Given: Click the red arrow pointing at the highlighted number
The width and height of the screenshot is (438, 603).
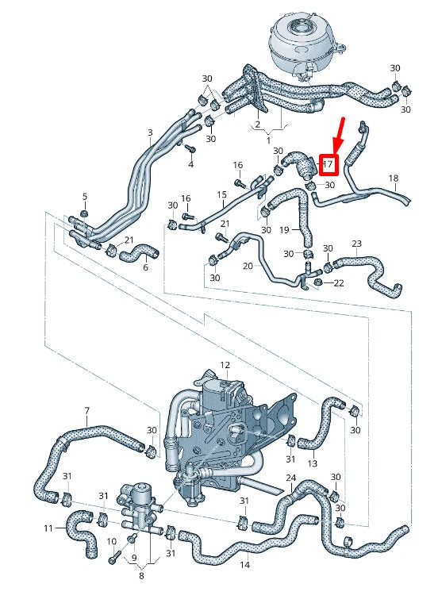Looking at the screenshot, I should (x=338, y=133).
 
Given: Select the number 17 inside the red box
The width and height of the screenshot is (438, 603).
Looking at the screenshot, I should (x=328, y=164).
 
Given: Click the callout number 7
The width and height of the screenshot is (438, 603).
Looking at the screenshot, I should (x=86, y=410).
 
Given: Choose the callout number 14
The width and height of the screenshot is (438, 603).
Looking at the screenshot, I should (x=244, y=565).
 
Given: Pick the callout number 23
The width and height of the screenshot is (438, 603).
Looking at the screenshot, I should (x=356, y=244).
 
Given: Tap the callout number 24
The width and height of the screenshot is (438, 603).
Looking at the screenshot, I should (x=291, y=478).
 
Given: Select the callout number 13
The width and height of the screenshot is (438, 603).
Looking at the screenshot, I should (x=312, y=463).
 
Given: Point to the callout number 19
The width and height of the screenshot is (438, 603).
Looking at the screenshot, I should (x=284, y=229).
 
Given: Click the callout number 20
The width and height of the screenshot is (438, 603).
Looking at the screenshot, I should (x=247, y=266).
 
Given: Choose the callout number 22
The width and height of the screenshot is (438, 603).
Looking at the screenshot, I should (x=339, y=283).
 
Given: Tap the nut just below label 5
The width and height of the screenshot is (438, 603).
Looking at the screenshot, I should (x=86, y=213).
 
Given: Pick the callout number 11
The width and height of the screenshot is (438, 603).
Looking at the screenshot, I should (x=48, y=528).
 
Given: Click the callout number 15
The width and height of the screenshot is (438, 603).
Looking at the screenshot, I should (x=222, y=194).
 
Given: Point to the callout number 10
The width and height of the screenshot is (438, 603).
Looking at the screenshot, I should (x=111, y=540).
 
